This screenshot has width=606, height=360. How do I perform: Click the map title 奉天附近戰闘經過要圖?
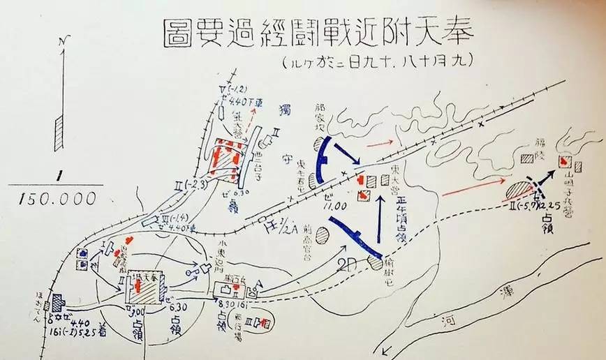pyautogui.click(x=318, y=33)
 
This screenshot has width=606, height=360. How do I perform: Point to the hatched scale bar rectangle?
pyautogui.click(x=59, y=133)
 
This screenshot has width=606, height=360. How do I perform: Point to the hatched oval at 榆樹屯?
pyautogui.click(x=377, y=262)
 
